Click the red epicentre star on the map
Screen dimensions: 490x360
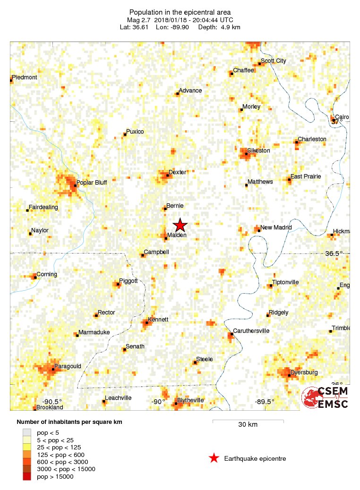coord(180,226)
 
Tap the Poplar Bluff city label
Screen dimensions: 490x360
coord(92,182)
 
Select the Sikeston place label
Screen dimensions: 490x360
coord(258,151)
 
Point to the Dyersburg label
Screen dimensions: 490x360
coord(304,372)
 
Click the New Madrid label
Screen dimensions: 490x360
coord(276,227)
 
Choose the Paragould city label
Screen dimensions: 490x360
coord(68,366)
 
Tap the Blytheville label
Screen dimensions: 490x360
coord(190,400)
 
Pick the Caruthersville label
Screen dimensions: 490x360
coord(251,331)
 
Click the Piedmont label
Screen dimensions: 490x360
coord(25,77)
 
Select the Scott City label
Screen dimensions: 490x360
coord(274,61)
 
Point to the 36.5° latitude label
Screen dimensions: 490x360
coord(334,253)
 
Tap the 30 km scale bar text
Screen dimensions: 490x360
coord(248,424)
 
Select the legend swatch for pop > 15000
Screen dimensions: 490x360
coord(27,476)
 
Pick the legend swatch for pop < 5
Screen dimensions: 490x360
coord(27,432)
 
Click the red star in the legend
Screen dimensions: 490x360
coord(214,458)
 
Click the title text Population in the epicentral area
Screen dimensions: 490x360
coord(180,12)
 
